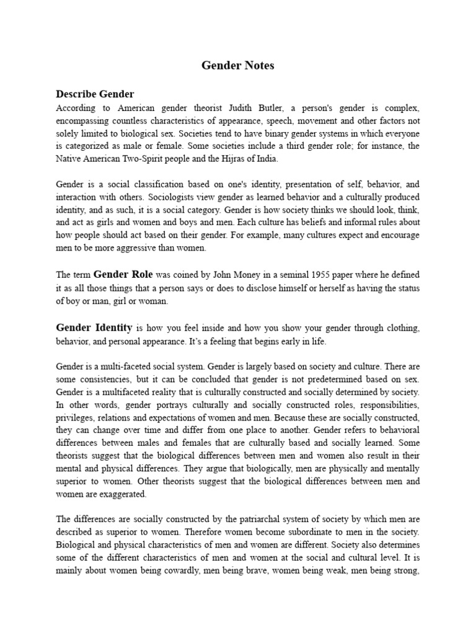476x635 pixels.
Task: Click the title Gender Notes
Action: (x=238, y=66)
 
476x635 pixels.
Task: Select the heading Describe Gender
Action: (x=95, y=94)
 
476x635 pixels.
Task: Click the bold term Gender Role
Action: (x=120, y=275)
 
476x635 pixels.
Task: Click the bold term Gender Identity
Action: (x=94, y=327)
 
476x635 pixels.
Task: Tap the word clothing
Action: (x=402, y=328)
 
